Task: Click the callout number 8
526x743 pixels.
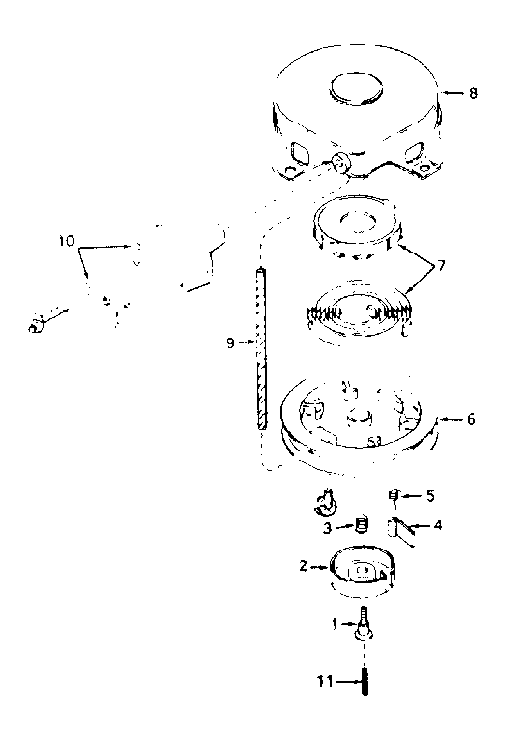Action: point(473,93)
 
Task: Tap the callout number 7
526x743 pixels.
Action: point(441,266)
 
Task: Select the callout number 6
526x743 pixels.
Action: point(471,419)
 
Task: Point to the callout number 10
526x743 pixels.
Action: point(67,241)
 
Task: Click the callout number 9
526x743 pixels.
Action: point(230,342)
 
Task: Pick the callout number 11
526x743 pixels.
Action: point(325,682)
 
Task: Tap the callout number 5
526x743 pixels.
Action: point(430,496)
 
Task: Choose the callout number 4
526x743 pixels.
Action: point(438,525)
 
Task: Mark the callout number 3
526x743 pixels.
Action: point(327,528)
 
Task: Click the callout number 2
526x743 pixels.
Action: point(304,566)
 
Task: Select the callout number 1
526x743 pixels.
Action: point(335,625)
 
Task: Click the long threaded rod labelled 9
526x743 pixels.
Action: point(262,348)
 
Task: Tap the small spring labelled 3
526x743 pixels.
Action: point(362,524)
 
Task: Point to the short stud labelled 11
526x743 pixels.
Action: point(365,681)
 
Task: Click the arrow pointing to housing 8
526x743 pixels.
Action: point(453,93)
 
